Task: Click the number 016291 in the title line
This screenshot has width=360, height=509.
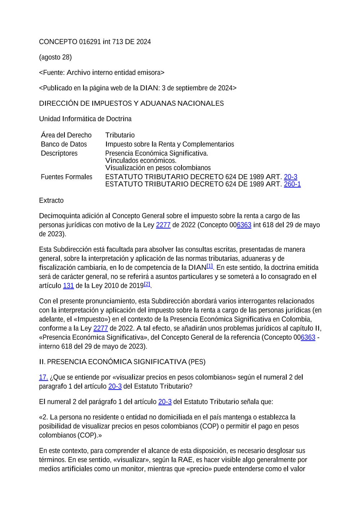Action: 90,42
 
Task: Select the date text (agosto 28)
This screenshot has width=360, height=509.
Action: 55,57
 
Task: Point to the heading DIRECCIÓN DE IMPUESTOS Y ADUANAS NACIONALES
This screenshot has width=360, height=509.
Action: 131,104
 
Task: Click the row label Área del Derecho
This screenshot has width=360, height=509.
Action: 66,135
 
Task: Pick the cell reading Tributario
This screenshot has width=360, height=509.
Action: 120,135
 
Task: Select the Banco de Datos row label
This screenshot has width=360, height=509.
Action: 64,144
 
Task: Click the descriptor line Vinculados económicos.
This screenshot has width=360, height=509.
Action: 141,160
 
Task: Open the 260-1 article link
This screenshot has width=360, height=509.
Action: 292,184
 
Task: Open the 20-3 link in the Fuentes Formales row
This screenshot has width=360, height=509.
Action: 291,177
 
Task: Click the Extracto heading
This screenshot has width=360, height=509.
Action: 51,201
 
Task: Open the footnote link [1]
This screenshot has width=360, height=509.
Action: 210,266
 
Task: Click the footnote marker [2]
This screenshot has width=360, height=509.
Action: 147,284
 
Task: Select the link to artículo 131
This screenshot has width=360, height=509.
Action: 68,286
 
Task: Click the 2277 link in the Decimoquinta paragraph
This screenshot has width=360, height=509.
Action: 163,225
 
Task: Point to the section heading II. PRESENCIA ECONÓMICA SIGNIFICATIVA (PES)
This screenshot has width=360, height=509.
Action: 122,362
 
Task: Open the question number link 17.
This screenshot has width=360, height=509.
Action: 44,377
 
